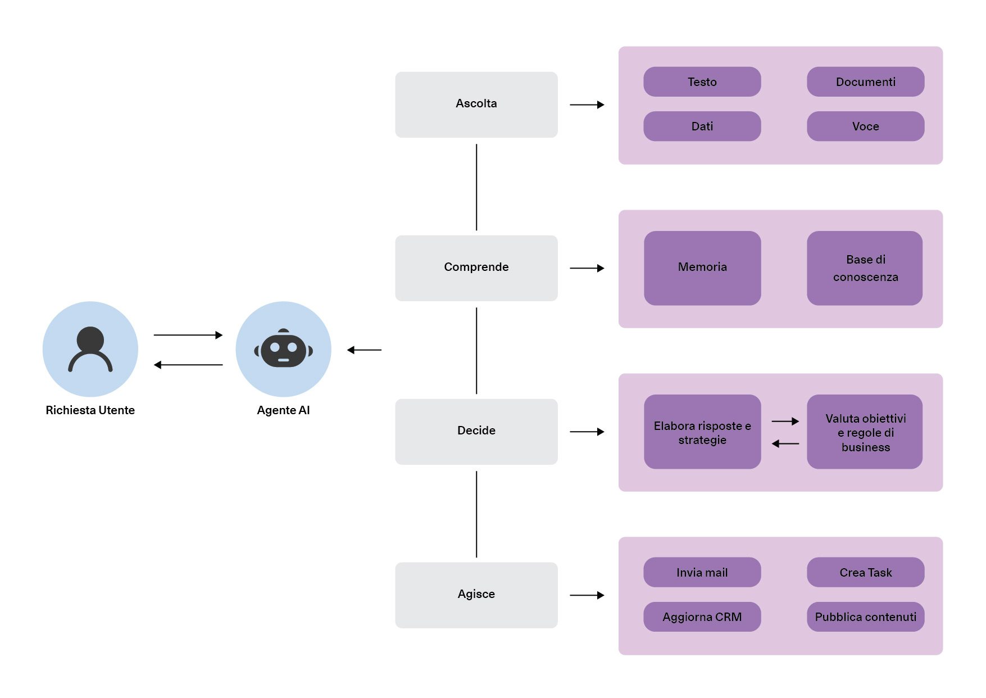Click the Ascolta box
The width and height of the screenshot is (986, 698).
coord(476,104)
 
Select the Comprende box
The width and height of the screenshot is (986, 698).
coord(476,268)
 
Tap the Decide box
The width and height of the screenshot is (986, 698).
coord(476,431)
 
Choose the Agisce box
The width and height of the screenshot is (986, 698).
coord(476,595)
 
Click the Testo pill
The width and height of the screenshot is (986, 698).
coord(702,82)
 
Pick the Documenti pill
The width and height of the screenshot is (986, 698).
coord(865,82)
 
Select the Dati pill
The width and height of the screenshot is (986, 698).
coord(702,126)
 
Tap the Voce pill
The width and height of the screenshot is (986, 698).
coord(865,126)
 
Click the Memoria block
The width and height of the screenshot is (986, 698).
coord(702,268)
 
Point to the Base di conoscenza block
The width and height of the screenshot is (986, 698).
coord(865,268)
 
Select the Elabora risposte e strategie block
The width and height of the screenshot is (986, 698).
coord(702,432)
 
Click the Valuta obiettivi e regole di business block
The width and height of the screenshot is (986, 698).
coord(865,432)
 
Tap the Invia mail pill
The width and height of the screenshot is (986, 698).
coord(702,572)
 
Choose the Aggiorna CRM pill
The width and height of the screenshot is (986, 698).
coord(702,617)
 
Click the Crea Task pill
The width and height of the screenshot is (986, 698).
coord(865,572)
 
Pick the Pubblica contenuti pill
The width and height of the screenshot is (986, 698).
coord(865,617)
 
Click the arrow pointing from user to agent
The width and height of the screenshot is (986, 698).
coord(188,335)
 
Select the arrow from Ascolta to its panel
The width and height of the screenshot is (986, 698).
coord(587,105)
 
